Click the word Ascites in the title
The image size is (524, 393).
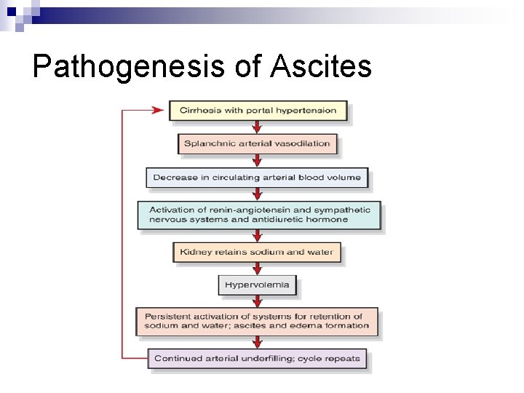pyautogui.click(x=321, y=67)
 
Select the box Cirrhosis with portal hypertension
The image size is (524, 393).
pyautogui.click(x=258, y=111)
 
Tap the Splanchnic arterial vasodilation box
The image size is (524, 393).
pyautogui.click(x=258, y=143)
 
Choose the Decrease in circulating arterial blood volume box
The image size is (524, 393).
pyautogui.click(x=257, y=178)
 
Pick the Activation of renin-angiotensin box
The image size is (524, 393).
pyautogui.click(x=259, y=215)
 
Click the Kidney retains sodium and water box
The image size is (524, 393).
pyautogui.click(x=256, y=253)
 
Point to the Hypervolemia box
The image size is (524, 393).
pyautogui.click(x=258, y=285)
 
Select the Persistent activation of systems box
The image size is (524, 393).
pyautogui.click(x=257, y=321)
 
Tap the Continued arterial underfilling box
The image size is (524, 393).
pyautogui.click(x=257, y=359)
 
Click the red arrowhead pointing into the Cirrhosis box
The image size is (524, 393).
pyautogui.click(x=158, y=111)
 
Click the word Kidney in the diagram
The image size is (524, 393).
pyautogui.click(x=194, y=253)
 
